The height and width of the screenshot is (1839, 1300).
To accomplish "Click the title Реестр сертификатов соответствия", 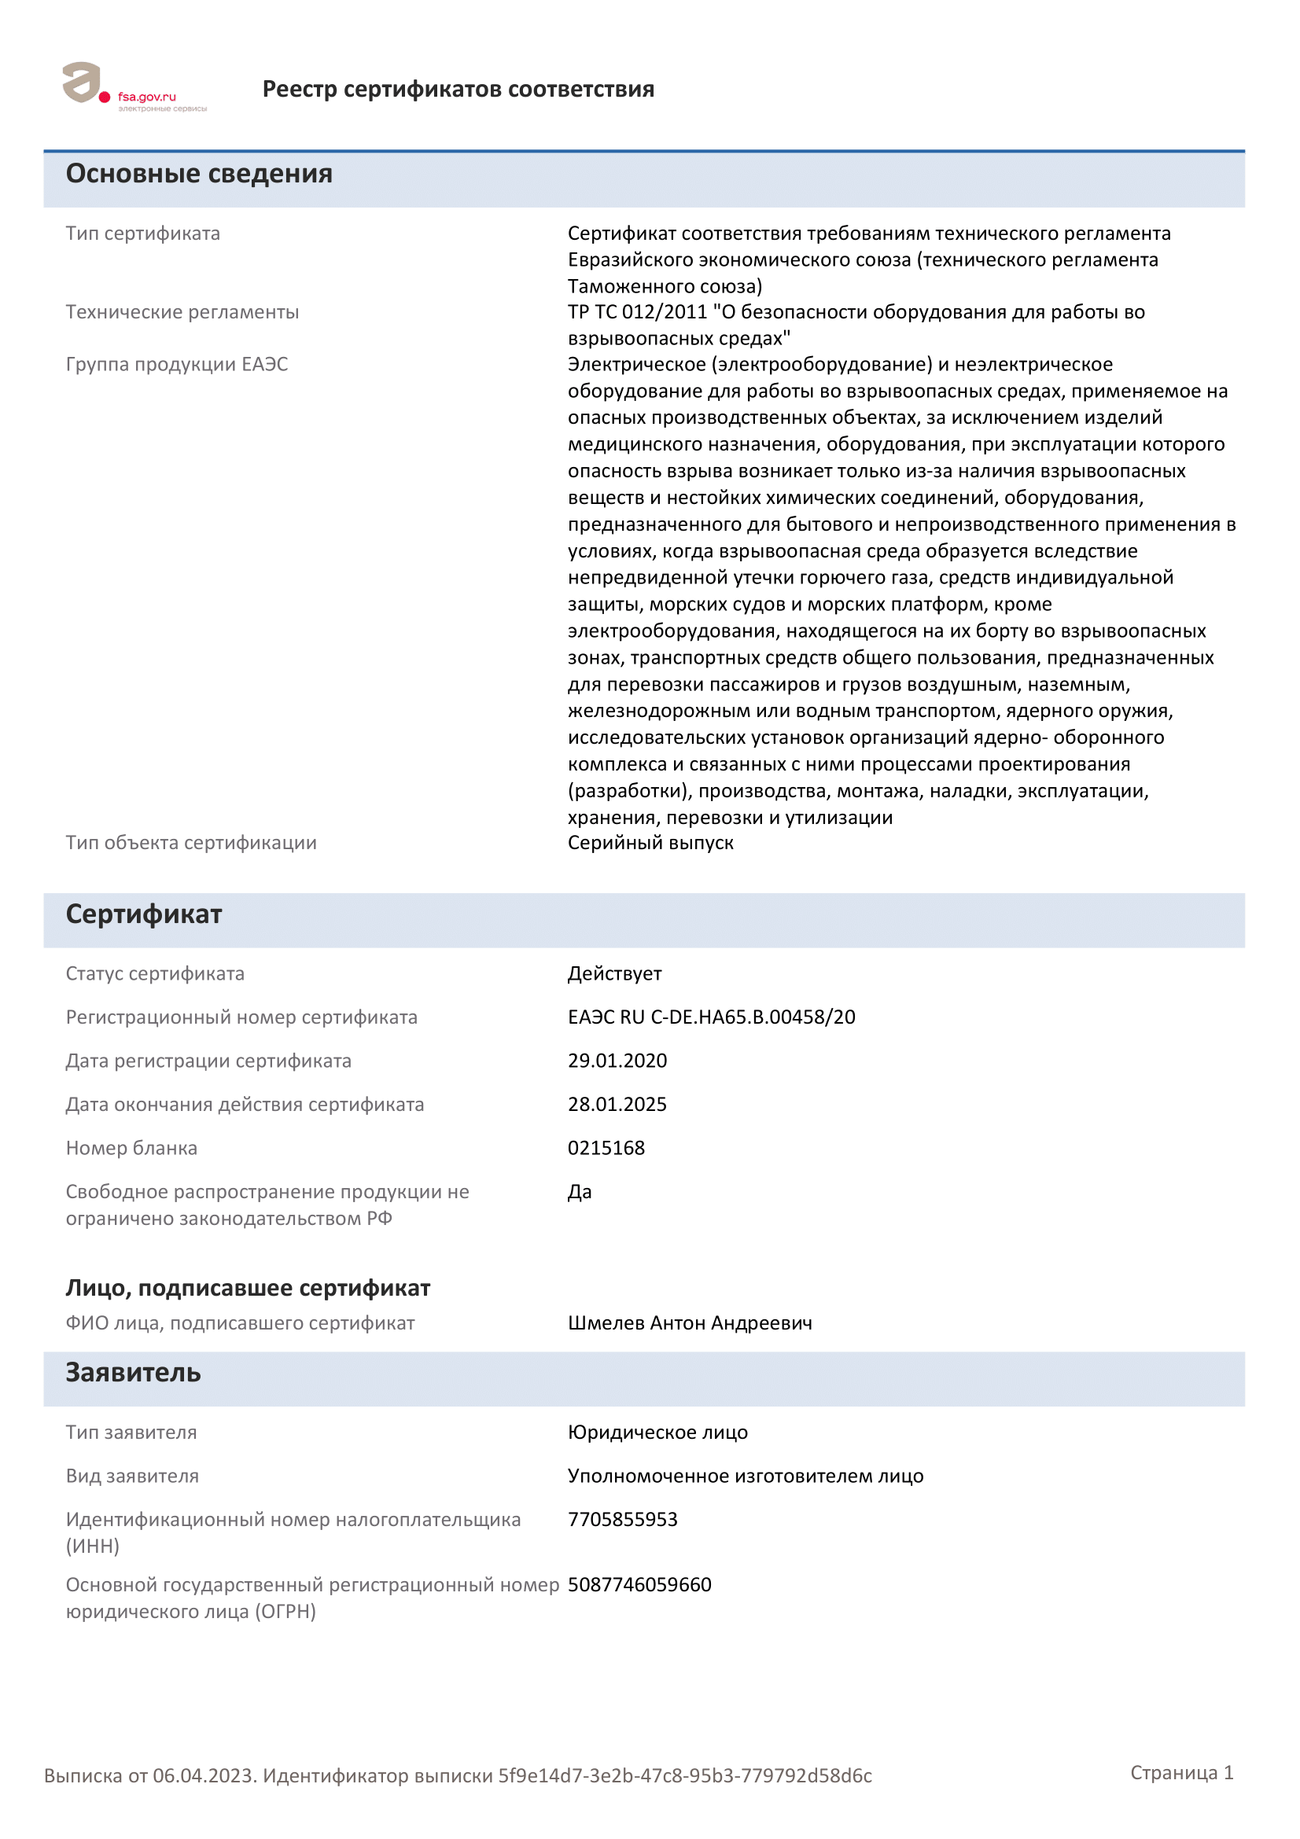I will (x=458, y=89).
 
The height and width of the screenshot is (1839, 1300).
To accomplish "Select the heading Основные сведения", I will (x=199, y=174).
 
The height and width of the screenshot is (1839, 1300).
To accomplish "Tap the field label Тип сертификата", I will (x=142, y=233).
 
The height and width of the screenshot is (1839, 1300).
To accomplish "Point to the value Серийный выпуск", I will (x=650, y=843).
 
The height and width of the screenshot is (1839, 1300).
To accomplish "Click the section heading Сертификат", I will (x=143, y=914).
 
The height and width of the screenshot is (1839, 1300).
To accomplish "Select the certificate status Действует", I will (x=614, y=973).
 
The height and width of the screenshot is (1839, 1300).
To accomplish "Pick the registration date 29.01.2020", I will (x=617, y=1061).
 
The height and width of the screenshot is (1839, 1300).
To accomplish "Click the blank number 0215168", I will (x=606, y=1148).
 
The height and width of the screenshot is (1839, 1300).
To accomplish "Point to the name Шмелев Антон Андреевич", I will (x=690, y=1322).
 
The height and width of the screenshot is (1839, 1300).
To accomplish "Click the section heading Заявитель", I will (x=133, y=1373).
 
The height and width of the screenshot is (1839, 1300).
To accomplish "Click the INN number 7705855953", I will (x=622, y=1520).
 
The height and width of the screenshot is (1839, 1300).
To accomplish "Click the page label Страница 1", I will (x=1181, y=1772).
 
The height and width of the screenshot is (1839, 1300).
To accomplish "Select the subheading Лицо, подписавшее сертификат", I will (x=248, y=1288).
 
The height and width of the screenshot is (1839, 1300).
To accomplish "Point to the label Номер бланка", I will (x=131, y=1148).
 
